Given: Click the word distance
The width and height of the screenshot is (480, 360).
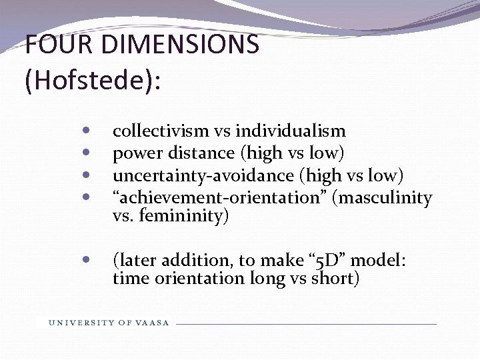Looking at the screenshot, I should pos(199,153).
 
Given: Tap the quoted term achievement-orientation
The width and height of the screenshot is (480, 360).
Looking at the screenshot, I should pos(220,197).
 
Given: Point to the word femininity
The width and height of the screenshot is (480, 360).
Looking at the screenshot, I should pos(184,216).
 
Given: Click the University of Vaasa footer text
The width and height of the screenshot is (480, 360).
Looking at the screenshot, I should pos(109,323).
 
